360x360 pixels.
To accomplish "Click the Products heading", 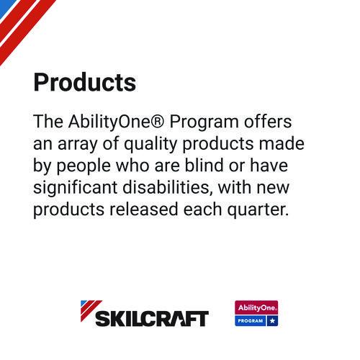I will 84,83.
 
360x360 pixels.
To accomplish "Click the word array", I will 84,143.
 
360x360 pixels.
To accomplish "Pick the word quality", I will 158,143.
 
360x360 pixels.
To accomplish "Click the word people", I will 92,166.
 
